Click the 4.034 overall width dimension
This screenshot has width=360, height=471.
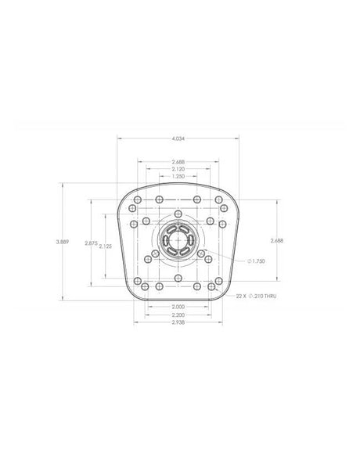pyautogui.click(x=178, y=138)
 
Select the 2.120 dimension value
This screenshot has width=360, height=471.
pyautogui.click(x=178, y=169)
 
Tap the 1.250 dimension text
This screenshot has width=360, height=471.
pyautogui.click(x=178, y=176)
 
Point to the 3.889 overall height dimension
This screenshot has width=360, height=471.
pyautogui.click(x=63, y=242)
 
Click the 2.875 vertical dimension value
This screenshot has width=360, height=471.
pyautogui.click(x=91, y=243)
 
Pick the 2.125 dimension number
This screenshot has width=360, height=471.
pyautogui.click(x=105, y=246)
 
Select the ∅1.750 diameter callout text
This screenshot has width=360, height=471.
pyautogui.click(x=257, y=261)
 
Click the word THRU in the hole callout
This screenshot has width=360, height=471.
pyautogui.click(x=271, y=297)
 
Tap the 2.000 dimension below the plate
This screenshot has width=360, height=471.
pyautogui.click(x=178, y=307)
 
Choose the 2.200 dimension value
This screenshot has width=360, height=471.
pyautogui.click(x=178, y=315)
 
